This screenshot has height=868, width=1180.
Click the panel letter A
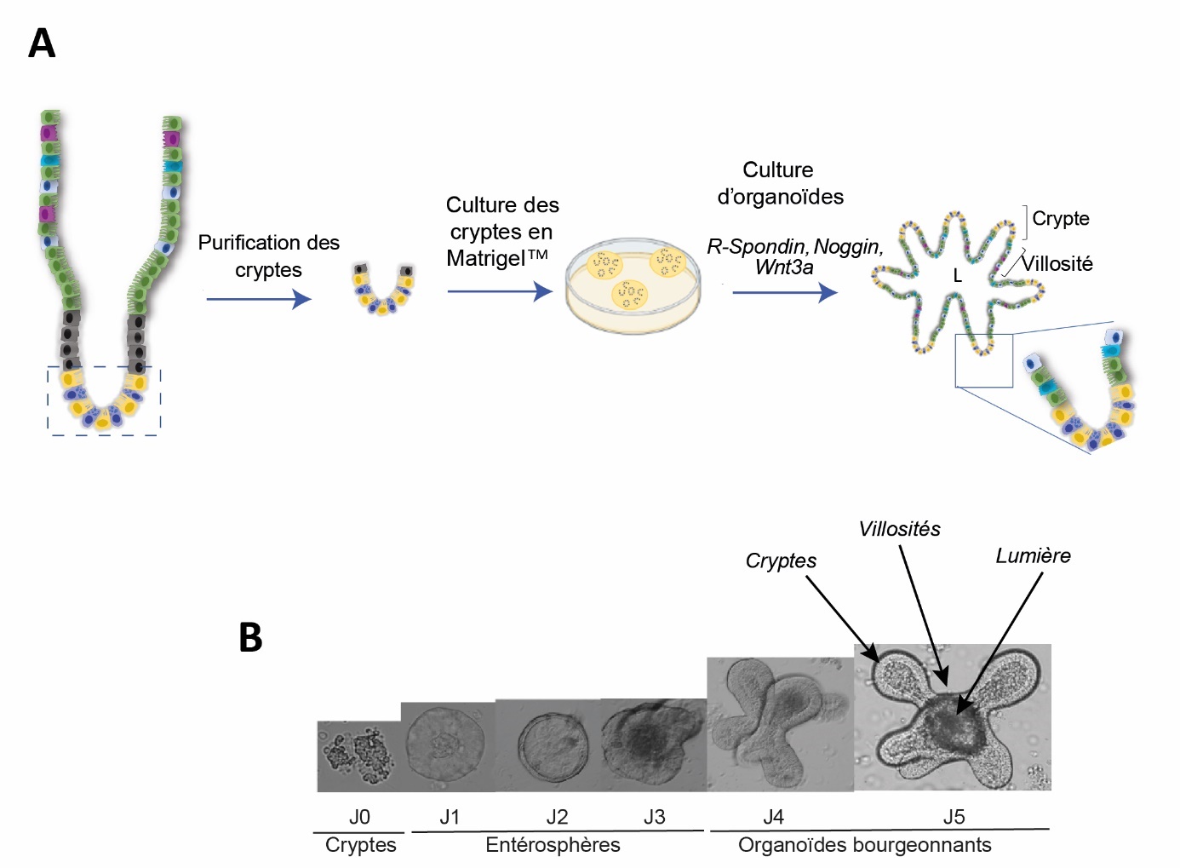pyautogui.click(x=42, y=43)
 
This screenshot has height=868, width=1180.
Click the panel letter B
pyautogui.click(x=250, y=637)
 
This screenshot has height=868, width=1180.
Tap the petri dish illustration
pyautogui.click(x=633, y=286)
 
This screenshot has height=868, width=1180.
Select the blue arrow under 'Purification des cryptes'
pyautogui.click(x=259, y=299)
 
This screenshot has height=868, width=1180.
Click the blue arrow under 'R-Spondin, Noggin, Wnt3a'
pyautogui.click(x=784, y=292)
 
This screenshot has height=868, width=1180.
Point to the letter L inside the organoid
pyautogui.click(x=957, y=276)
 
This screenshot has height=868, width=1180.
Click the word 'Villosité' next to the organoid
pyautogui.click(x=1057, y=264)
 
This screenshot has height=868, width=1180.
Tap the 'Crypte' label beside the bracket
pyautogui.click(x=1060, y=219)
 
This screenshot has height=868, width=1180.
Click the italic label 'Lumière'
pyautogui.click(x=1033, y=556)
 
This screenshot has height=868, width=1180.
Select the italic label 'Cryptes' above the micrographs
pyautogui.click(x=781, y=560)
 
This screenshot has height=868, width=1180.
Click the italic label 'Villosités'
pyautogui.click(x=899, y=529)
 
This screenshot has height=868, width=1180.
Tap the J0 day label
pyautogui.click(x=359, y=817)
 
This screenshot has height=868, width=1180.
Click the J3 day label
pyautogui.click(x=654, y=817)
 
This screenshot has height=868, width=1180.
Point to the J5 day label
pyautogui.click(x=954, y=817)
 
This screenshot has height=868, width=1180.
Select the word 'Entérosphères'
pyautogui.click(x=553, y=845)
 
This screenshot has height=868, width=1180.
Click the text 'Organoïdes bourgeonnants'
pyautogui.click(x=864, y=845)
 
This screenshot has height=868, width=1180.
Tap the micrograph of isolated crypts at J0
pyautogui.click(x=358, y=756)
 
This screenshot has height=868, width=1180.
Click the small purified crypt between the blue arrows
pyautogui.click(x=383, y=289)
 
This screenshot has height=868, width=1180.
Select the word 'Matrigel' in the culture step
pyautogui.click(x=485, y=258)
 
